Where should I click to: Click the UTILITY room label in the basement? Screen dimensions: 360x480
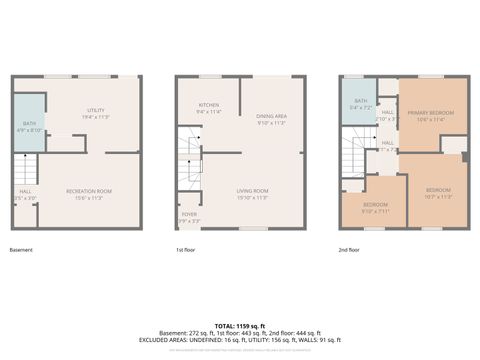[96, 112]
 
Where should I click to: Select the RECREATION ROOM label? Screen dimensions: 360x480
[89, 193]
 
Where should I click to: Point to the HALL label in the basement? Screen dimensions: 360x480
[24, 194]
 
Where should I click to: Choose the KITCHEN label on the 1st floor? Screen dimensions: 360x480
[209, 107]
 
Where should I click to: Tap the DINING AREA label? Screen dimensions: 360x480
[271, 119]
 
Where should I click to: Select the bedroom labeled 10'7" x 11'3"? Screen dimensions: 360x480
[438, 193]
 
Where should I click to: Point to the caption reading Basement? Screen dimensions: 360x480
[21, 249]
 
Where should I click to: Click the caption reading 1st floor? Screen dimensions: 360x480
[185, 249]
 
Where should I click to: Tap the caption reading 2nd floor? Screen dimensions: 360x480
[350, 249]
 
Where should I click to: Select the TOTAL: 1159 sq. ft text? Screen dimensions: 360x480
[239, 326]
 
